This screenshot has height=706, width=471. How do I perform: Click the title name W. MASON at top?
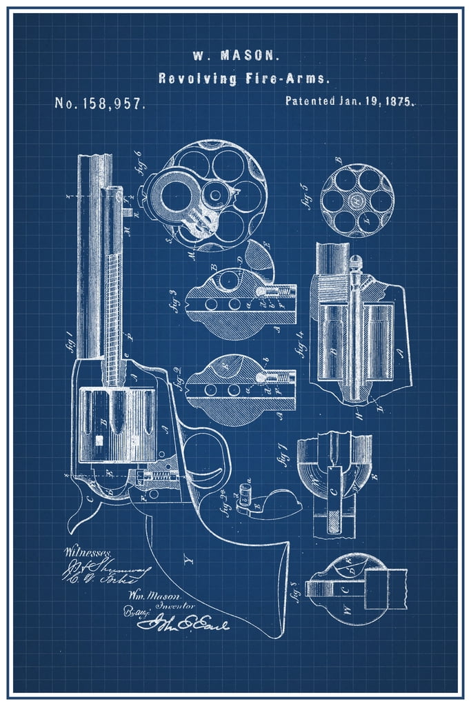[x=234, y=54]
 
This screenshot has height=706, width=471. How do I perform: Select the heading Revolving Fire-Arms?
[x=234, y=79]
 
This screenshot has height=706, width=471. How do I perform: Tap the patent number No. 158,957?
[x=99, y=103]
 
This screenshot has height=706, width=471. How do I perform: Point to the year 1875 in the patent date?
[x=399, y=101]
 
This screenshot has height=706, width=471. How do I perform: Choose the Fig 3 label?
[x=177, y=301]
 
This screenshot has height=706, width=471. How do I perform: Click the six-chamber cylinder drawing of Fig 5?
[x=357, y=200]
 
